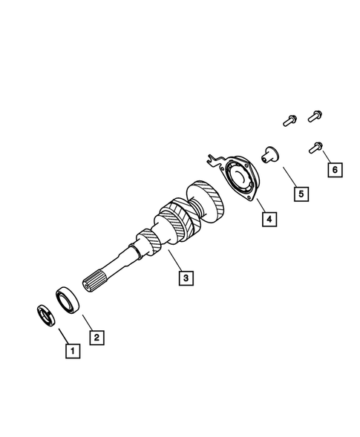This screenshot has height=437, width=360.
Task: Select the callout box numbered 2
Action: [x=96, y=336]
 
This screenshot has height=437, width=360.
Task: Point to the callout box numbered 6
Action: [x=333, y=170]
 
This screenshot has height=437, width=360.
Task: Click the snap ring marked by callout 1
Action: [x=45, y=315]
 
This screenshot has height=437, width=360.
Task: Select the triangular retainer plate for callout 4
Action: [x=241, y=179]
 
